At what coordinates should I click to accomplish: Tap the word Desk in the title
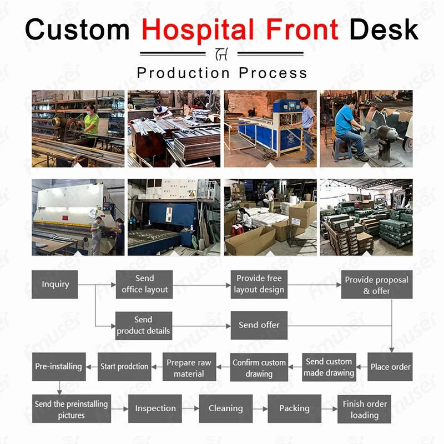pos(384,28)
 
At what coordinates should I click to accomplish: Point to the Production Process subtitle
pos(222,73)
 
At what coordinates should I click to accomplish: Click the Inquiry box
pos(55,284)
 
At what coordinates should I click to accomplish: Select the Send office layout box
pos(144,284)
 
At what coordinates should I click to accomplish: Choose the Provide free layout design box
pos(259,284)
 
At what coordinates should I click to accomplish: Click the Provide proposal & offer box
pos(376,285)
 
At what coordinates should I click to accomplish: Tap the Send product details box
pos(143,325)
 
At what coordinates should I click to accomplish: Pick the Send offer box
pos(259,325)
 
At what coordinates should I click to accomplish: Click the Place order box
pos(390,366)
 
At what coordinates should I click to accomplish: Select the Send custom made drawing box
pos(329,367)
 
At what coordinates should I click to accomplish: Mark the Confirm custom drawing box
pos(259,367)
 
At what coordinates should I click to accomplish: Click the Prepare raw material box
pos(189,367)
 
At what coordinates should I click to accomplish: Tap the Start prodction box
pos(124,366)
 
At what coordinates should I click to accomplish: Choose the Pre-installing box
pos(58,366)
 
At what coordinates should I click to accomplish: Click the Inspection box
pos(155,408)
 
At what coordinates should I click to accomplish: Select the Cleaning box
pos(225,408)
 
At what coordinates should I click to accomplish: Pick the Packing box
pos(294,408)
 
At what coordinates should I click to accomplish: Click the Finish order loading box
pos(364,409)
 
